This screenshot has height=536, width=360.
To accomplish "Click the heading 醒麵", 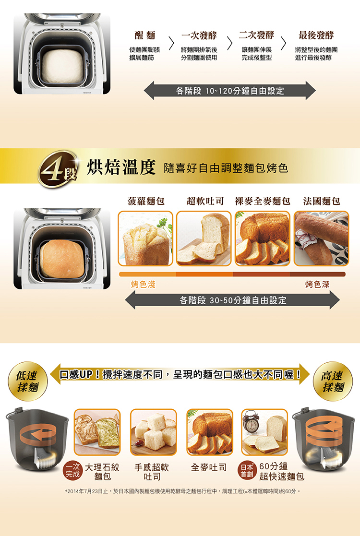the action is point(144,35).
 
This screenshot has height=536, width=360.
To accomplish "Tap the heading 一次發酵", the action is point(199,35).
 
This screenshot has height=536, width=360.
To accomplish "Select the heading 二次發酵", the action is point(257,35).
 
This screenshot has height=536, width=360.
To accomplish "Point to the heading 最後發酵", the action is point(316,35).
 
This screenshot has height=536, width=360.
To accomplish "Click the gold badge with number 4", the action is point(57,169).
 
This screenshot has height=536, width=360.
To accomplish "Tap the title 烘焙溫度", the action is point(121,167).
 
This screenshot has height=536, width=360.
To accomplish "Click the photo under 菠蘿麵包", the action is point(145,238).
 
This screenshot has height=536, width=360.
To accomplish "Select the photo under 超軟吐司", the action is point(204,238).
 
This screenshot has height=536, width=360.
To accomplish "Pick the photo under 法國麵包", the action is point(322,238).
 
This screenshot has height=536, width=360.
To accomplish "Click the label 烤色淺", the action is point(143,285).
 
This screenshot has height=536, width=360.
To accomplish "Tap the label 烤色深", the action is point(317,285).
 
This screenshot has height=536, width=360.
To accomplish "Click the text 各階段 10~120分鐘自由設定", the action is point(230,91).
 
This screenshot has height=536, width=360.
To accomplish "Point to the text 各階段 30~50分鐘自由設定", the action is point(233,300).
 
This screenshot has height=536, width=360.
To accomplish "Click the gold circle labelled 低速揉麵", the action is point(28,381).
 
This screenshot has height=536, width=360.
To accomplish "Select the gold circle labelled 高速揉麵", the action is point(333,381).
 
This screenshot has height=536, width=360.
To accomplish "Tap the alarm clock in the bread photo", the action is point(252,424).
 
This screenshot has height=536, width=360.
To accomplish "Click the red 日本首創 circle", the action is point(247,470).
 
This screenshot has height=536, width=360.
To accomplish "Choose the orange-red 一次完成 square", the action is point(73,471).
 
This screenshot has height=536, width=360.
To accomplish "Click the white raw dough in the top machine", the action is point(62,66).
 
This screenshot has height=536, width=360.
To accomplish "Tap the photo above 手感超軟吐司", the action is point(154,432).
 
